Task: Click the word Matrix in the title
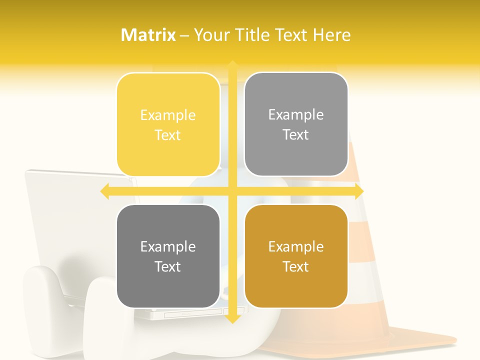point(148,35)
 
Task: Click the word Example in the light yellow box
point(168,115)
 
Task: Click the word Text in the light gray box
point(296,135)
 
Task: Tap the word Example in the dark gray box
point(168,247)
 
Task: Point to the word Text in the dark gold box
point(296,267)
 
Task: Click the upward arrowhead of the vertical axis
point(232,65)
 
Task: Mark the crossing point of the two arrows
point(232,191)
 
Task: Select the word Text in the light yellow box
point(168,135)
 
